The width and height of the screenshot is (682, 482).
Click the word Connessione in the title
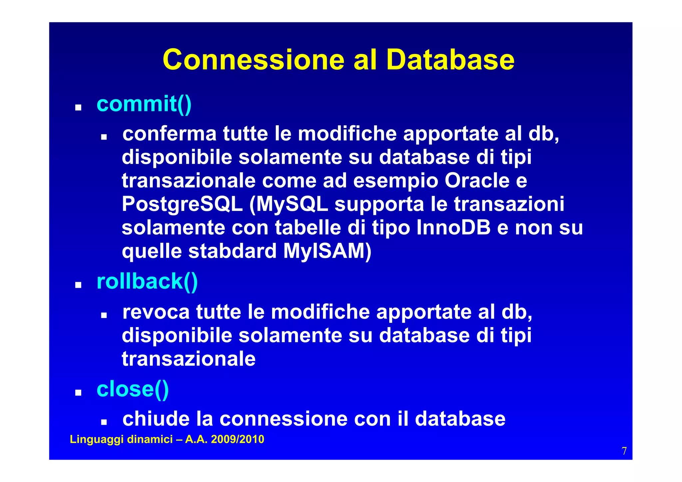coord(253,60)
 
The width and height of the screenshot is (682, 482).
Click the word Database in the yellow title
coord(450,60)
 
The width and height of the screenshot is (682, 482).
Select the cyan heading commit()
coord(144,104)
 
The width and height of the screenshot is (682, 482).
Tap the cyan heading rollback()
coord(147,281)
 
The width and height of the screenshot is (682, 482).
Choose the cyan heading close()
coord(133,389)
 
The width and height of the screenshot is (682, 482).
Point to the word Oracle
coord(477,181)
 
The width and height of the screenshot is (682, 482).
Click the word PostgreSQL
coord(182,204)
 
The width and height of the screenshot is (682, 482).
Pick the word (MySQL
coord(288,204)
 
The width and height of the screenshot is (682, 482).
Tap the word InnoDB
coord(453,228)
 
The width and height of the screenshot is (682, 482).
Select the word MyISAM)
coord(327,251)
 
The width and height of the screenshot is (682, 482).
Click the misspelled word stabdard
coord(232,251)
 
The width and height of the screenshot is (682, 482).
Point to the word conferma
coord(170,134)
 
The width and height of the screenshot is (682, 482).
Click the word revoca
coord(156,312)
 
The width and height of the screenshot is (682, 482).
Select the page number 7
coord(624,451)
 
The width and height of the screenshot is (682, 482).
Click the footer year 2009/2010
coord(237,439)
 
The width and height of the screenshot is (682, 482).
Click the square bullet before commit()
coord(78,108)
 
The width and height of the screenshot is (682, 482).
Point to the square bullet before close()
coord(78,392)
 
